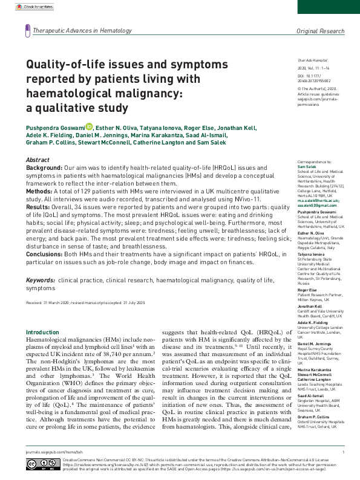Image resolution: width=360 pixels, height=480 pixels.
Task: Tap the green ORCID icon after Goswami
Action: tap(89, 126)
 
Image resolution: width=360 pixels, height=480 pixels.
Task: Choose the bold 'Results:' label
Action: tap(39, 206)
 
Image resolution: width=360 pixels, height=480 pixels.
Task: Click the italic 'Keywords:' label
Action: tap(41, 281)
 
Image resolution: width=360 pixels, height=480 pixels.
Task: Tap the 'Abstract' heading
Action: tap(38, 159)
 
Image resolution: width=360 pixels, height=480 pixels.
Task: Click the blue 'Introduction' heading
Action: tap(42, 332)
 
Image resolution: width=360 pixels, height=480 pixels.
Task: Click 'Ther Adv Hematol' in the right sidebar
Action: tap(309, 62)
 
